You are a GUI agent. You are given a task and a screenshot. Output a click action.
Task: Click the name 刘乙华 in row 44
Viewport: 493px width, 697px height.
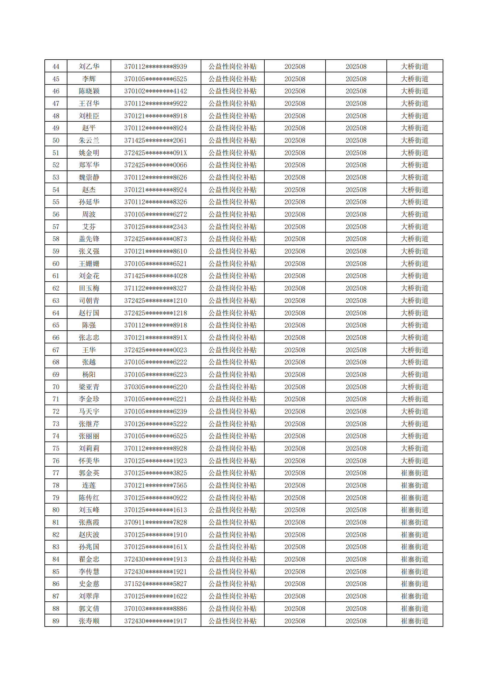tap(89, 66)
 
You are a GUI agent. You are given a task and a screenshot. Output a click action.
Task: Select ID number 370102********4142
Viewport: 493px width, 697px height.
tap(156, 91)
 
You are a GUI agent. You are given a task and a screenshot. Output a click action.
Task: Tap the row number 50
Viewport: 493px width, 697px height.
tap(56, 140)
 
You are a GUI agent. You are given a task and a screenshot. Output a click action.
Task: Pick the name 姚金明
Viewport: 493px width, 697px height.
tap(89, 153)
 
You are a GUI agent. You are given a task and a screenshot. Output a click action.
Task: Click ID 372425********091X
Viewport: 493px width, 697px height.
tap(156, 153)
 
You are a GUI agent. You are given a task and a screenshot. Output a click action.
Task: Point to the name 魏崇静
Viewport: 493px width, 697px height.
tap(89, 177)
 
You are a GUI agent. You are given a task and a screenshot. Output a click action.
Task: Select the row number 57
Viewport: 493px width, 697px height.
tap(56, 227)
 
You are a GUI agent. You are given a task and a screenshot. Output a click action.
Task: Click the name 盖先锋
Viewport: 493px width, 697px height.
tap(89, 239)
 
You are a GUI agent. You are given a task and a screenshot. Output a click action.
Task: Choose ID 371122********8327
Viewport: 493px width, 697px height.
tap(156, 288)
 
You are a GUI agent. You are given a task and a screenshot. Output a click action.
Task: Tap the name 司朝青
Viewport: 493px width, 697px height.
tap(89, 301)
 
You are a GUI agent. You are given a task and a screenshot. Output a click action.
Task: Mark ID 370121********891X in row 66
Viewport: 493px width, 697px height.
tap(156, 337)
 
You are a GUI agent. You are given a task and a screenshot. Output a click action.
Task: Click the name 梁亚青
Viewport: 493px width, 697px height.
tap(89, 387)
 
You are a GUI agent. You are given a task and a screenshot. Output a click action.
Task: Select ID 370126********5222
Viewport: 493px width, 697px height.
tap(156, 424)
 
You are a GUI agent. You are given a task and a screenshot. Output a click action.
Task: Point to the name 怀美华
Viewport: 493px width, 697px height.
tap(89, 461)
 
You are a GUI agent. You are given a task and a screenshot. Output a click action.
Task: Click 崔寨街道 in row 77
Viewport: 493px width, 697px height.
tap(415, 473)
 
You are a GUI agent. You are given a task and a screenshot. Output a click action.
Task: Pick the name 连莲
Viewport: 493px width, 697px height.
tap(89, 485)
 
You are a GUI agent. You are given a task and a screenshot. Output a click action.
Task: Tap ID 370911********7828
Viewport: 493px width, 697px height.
tap(156, 522)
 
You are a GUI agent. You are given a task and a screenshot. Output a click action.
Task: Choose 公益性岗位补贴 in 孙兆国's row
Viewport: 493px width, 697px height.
tap(232, 547)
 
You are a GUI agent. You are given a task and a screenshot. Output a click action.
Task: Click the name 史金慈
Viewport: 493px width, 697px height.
tap(89, 584)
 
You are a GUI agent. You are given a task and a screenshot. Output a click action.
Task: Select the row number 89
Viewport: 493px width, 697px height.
tap(56, 621)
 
